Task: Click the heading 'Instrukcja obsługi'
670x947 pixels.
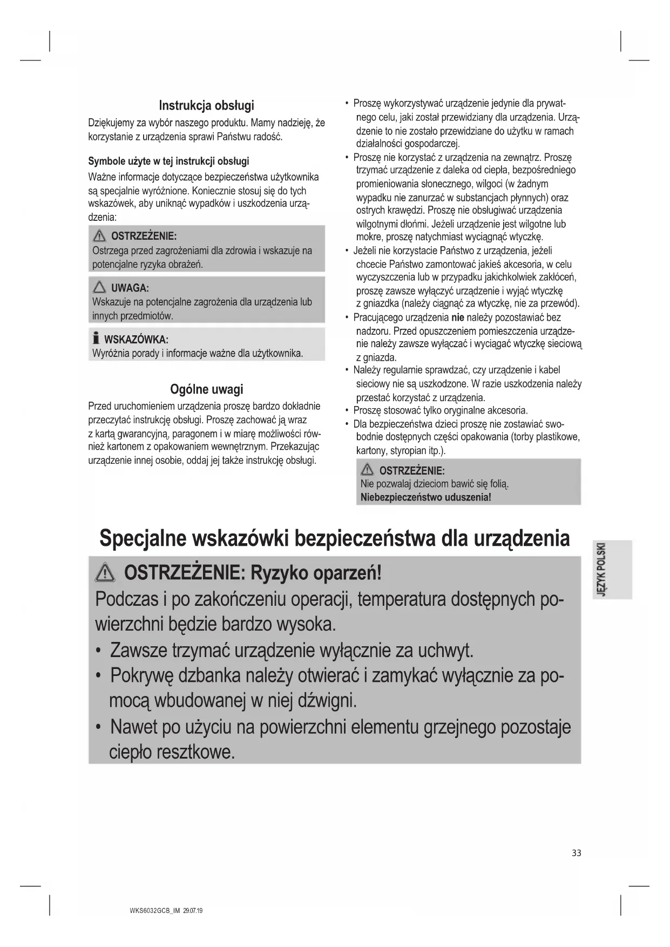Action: click(x=206, y=105)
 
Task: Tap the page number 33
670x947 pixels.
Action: click(x=577, y=853)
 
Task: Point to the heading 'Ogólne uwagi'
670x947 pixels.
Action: click(x=206, y=389)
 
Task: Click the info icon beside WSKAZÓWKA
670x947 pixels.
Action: click(x=96, y=339)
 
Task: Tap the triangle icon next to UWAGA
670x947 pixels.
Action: click(x=99, y=287)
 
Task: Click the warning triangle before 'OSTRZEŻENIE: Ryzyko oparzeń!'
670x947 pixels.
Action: click(x=105, y=572)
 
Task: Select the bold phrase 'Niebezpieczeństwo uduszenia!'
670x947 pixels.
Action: click(x=425, y=497)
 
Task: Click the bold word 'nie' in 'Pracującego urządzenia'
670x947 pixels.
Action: click(x=458, y=317)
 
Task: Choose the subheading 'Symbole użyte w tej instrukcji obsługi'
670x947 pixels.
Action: click(x=168, y=161)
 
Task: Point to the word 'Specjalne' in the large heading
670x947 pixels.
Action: click(x=143, y=539)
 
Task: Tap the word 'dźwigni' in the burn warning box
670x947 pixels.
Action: click(x=322, y=701)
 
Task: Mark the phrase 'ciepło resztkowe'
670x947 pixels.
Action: click(x=172, y=752)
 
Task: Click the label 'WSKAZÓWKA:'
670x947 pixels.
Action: click(x=136, y=340)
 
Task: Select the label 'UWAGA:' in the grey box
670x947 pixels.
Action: click(x=130, y=288)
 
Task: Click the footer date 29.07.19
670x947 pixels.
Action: click(x=193, y=911)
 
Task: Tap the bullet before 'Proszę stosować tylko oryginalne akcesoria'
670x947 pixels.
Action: click(x=347, y=410)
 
